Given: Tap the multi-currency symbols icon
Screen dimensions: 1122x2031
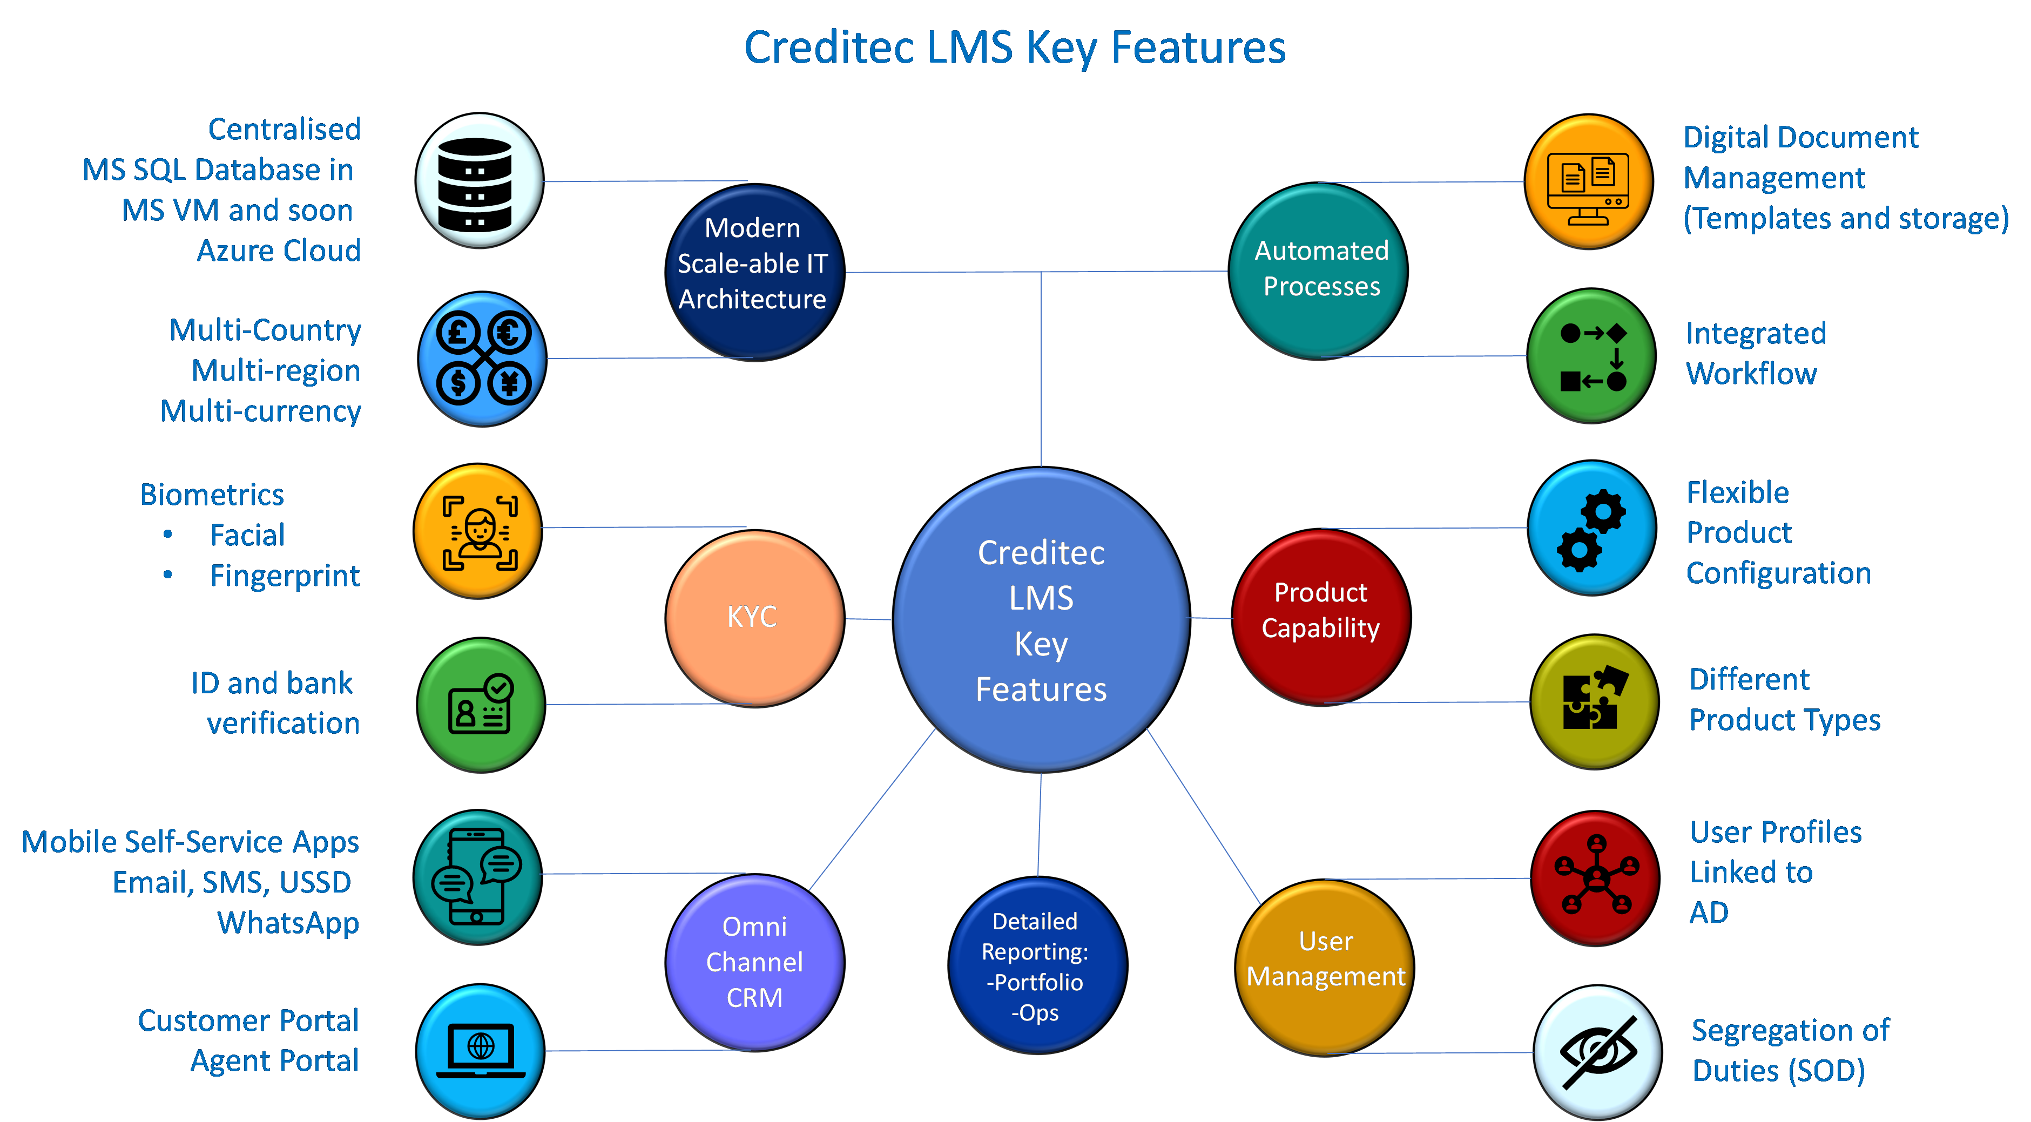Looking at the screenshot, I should (x=482, y=359).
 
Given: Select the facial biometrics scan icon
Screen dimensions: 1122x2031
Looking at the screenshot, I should (x=478, y=531).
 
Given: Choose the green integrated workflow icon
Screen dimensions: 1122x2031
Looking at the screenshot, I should (x=1591, y=356).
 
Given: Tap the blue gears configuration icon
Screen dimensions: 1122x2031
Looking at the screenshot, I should (x=1591, y=528).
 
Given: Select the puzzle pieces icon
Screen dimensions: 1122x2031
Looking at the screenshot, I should (x=1594, y=702).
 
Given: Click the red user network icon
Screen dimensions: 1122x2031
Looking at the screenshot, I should (x=1595, y=877).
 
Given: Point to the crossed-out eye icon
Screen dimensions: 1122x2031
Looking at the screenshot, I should (x=1597, y=1052).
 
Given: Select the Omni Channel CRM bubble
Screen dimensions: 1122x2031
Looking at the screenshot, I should (x=754, y=962).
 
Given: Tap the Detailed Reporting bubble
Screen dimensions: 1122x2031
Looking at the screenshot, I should (x=1036, y=966).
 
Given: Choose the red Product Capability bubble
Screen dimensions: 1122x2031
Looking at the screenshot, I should (x=1321, y=616).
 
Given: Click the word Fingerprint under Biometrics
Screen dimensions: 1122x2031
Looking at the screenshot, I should (x=285, y=576).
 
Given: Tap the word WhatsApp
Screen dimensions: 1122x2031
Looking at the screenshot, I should (x=288, y=923).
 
